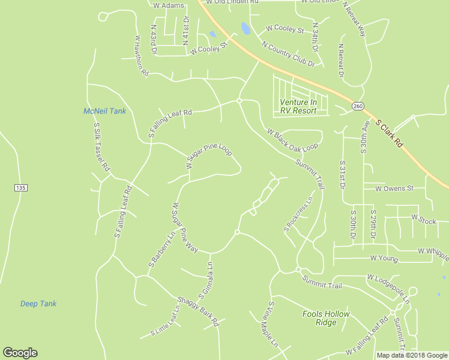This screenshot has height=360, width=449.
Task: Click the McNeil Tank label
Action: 104,111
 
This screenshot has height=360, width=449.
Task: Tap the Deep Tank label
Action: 38,304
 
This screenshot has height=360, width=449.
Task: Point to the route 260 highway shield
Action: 358,106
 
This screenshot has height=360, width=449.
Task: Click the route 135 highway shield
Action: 20,188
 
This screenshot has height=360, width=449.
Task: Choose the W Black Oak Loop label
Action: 292,140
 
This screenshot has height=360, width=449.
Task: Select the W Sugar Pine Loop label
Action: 208,155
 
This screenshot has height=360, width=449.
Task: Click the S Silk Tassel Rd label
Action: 100,147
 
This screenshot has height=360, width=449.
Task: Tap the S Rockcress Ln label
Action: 298,213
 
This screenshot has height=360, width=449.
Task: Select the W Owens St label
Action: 394,188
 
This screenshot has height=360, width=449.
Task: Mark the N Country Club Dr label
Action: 289,53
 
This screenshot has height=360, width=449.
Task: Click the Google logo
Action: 20,353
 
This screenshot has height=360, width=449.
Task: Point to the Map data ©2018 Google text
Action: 411,355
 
